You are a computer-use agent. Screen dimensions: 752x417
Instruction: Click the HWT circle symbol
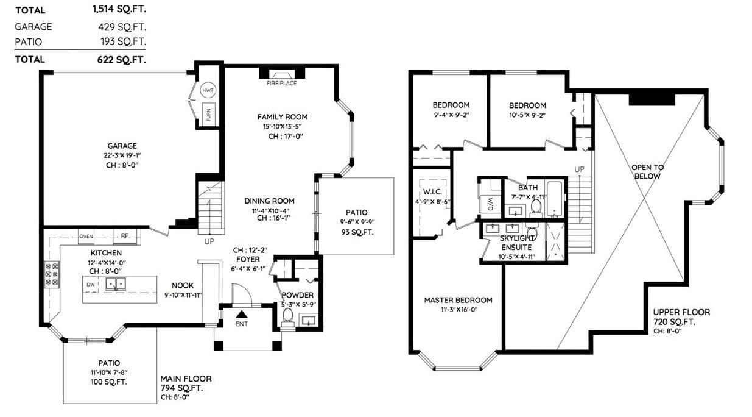coord(208,90)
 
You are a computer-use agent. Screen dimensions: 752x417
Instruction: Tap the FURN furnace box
coord(208,113)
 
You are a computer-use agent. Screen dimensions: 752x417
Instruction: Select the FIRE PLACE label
coord(282,83)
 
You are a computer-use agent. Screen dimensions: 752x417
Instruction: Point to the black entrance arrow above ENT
coord(241,315)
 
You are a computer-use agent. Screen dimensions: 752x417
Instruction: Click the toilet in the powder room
coord(287,318)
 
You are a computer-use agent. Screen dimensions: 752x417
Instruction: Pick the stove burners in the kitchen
coord(52,274)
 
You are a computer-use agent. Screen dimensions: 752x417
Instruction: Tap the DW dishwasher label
coord(91,284)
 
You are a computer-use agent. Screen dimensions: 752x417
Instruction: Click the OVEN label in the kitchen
coord(86,236)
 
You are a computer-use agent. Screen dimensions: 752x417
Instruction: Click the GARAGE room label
coord(122,146)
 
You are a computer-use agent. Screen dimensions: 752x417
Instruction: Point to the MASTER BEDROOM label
coord(459,300)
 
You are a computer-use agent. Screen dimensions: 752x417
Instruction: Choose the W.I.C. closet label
coord(432,192)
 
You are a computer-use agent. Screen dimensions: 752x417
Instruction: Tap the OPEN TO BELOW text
coord(647,172)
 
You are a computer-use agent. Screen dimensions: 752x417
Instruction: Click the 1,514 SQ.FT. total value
coord(119,9)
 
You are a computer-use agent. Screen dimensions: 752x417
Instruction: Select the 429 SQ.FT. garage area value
coord(122,27)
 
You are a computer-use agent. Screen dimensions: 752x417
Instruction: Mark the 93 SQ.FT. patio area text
coord(357,232)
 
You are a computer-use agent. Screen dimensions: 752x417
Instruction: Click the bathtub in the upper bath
coord(555,199)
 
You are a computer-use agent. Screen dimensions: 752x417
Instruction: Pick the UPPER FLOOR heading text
coord(681,312)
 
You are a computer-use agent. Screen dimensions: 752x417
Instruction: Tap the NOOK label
coord(183,285)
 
